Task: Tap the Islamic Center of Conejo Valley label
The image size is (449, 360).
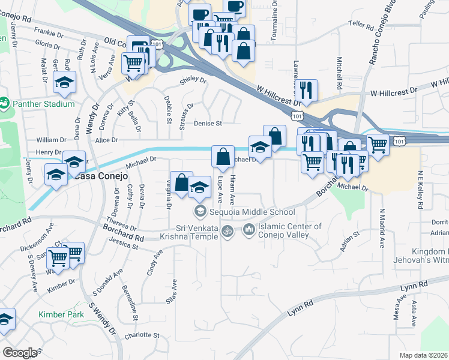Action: (x=290, y=230)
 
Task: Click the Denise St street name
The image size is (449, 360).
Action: (x=208, y=124)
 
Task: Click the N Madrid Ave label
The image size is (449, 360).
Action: (x=381, y=229)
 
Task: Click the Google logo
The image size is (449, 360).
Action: (x=20, y=353)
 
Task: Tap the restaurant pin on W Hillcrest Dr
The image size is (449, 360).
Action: (x=307, y=90)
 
